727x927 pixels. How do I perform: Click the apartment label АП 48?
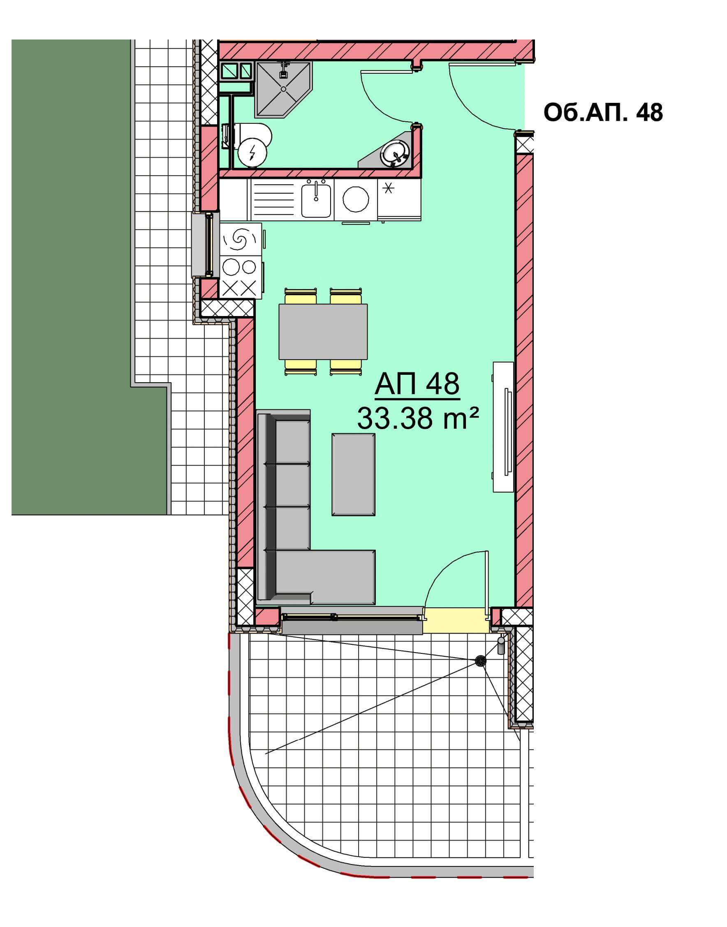coord(417,385)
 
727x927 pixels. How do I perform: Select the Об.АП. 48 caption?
coord(603,113)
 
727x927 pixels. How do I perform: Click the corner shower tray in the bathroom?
coord(283,89)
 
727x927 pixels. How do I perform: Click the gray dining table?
coord(323,332)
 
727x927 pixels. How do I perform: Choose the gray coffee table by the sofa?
coord(353,475)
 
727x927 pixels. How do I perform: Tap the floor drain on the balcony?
coord(481,660)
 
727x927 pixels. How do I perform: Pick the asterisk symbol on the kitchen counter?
coord(388,188)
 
